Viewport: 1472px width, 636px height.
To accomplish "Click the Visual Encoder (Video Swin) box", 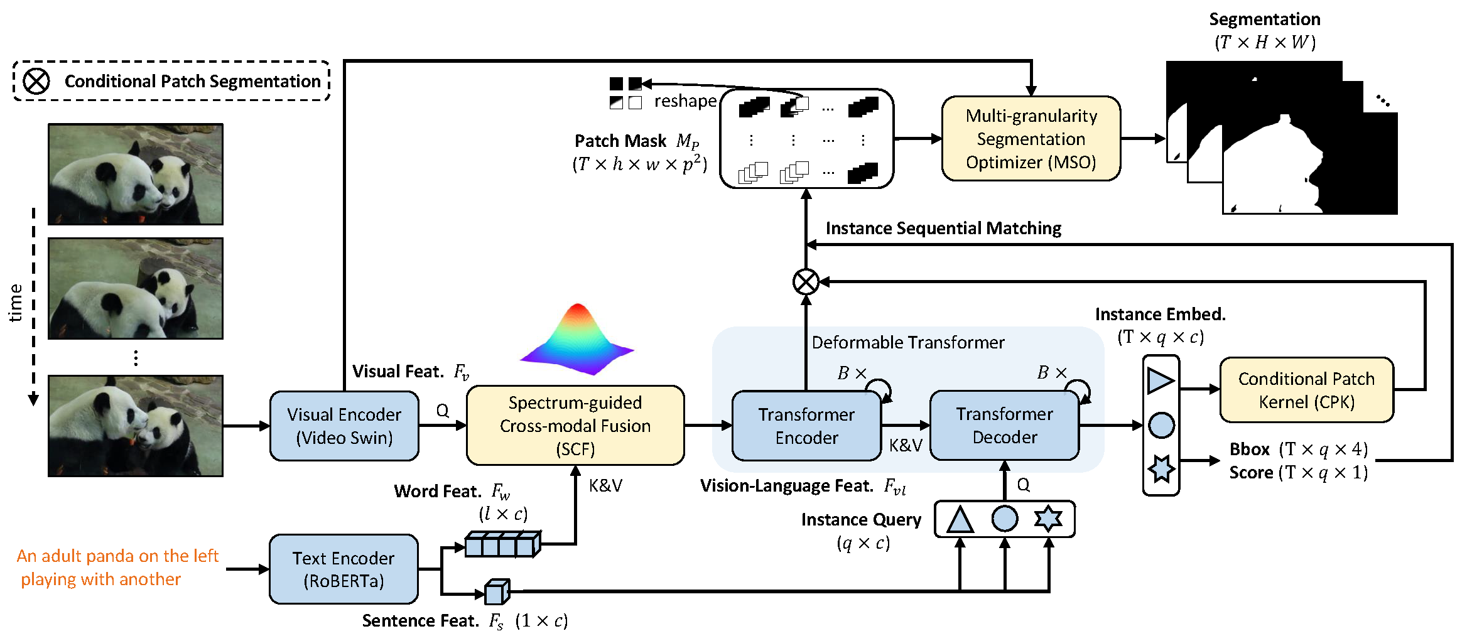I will coord(344,426).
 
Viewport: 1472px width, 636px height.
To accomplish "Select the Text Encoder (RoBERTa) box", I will coord(344,569).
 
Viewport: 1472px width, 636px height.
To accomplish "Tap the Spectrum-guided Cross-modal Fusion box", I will coord(575,426).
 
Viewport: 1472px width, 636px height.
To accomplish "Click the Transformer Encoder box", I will coord(806,426).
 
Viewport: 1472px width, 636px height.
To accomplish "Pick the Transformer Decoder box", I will coord(1004,425).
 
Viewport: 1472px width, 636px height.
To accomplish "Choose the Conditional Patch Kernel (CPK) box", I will coord(1306,390).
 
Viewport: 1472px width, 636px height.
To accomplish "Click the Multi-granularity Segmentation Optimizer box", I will coord(1031,139).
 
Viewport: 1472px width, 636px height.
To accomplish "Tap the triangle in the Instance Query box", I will coord(960,520).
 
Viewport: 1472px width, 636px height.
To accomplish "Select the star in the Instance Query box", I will coord(1048,519).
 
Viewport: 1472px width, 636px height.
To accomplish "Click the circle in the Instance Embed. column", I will coord(1161,426).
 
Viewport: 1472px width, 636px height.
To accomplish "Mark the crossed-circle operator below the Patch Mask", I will coord(806,282).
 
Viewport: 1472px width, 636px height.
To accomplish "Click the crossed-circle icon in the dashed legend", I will coord(36,81).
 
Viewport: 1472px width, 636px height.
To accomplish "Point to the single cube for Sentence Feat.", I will coord(497,591).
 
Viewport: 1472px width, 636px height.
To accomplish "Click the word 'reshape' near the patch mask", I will coord(685,101).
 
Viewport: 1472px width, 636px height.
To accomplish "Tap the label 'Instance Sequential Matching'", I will coord(943,229).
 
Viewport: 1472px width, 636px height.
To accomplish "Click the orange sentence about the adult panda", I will coord(117,568).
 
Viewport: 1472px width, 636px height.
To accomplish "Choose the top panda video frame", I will coord(136,174).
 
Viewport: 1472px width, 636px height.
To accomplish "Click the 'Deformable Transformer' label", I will coord(908,343).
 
